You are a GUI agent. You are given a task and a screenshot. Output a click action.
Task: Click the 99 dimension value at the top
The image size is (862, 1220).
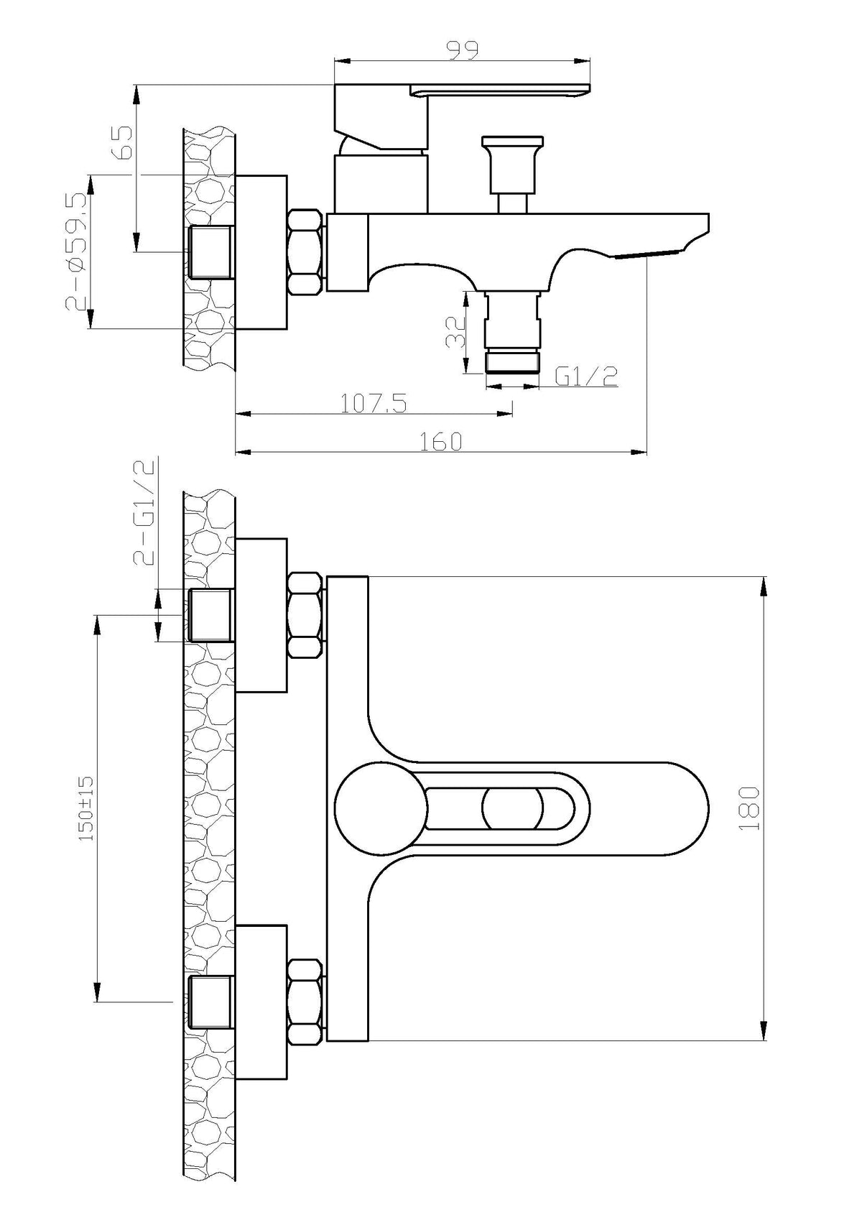click(x=463, y=50)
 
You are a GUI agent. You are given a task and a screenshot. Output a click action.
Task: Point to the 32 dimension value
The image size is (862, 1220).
click(x=455, y=332)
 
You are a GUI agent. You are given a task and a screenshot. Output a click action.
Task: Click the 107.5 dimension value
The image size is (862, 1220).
click(x=374, y=404)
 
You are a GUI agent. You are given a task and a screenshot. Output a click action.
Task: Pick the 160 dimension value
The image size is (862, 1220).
click(x=440, y=441)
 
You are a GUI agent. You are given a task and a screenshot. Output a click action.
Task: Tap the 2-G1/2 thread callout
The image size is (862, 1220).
click(x=144, y=512)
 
